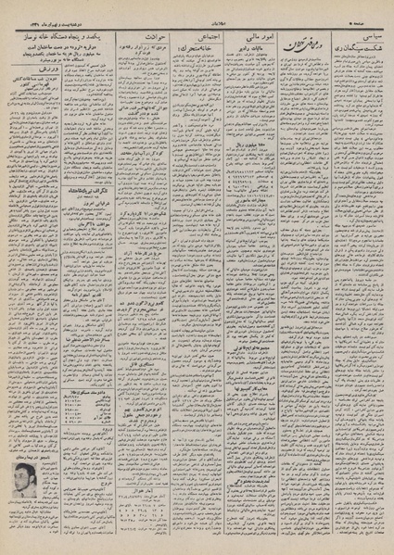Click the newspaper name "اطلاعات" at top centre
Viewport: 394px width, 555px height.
coord(197,13)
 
